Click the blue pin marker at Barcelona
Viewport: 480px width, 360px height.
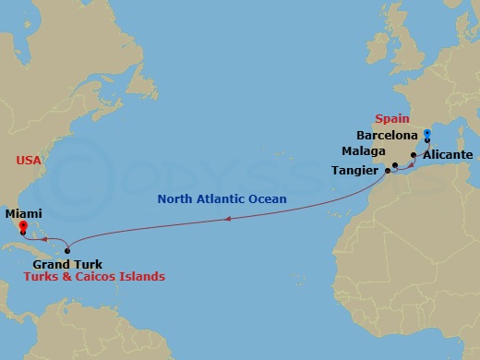(426, 135)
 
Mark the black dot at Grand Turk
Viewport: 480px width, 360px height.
(67, 251)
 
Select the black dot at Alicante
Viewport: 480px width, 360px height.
(414, 155)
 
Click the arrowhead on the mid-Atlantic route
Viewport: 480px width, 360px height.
(228, 220)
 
